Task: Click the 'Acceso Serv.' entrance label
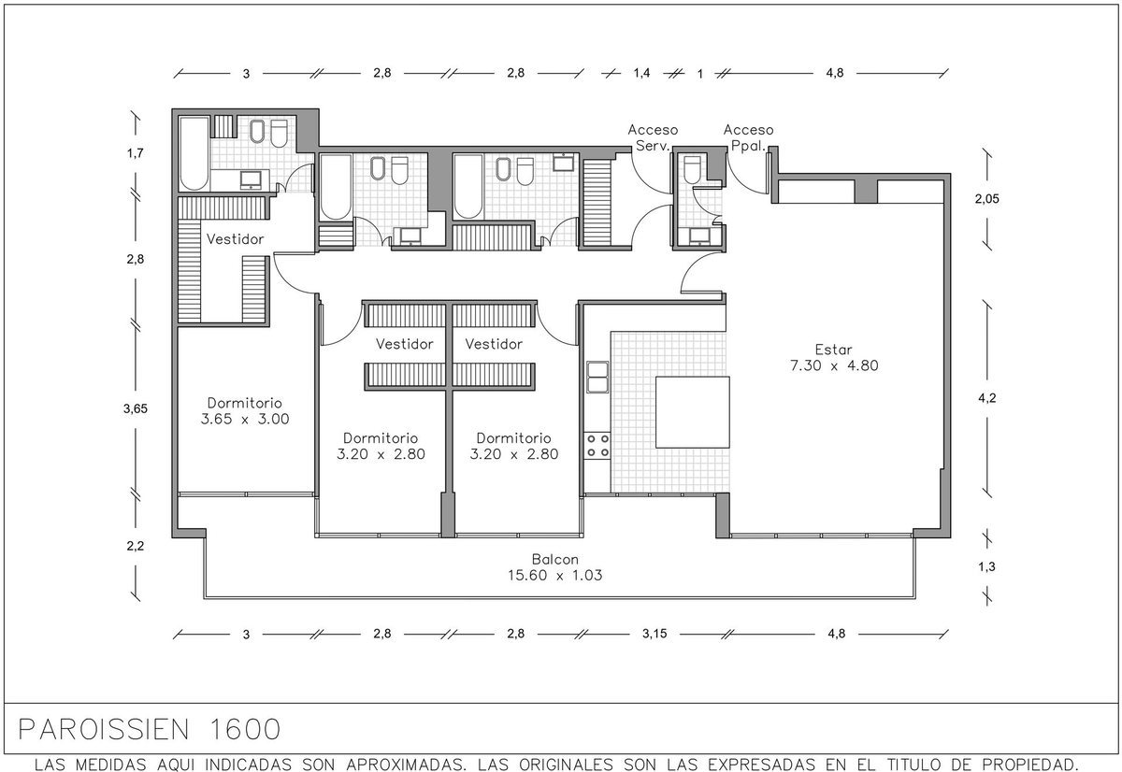coord(653,137)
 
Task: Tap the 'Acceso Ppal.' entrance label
coord(748,137)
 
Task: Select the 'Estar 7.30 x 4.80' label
coord(834,357)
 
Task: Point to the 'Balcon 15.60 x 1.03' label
coord(555,567)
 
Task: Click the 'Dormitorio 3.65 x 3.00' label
coord(245,411)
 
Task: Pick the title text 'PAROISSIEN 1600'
coord(150,729)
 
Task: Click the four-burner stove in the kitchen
coord(598,446)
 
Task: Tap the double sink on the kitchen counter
coord(598,377)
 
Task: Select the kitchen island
coord(693,412)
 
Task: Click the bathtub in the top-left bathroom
coord(194,153)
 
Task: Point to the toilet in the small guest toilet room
coord(692,170)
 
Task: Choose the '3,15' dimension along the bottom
coord(654,634)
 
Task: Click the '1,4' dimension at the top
coord(641,73)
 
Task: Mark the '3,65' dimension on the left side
coord(136,409)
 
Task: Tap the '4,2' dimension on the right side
coord(987,398)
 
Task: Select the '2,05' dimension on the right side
coord(986,199)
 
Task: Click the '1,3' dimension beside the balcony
coord(986,566)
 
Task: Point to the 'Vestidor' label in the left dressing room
coord(235,239)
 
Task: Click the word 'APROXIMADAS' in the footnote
coord(404,765)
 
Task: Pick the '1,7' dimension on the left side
coord(135,153)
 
